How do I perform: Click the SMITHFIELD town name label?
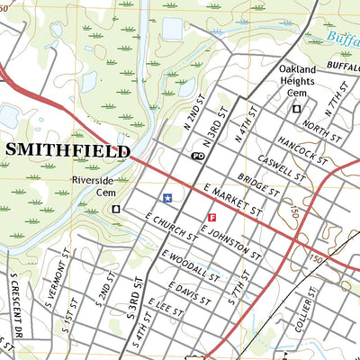click(x=67, y=150)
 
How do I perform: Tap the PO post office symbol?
click(x=197, y=156)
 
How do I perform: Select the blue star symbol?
click(x=167, y=197)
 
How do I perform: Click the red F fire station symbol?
click(x=212, y=217)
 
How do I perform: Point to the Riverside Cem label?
click(x=94, y=185)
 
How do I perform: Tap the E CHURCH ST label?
click(x=171, y=226)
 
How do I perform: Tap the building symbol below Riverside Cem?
click(x=115, y=209)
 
